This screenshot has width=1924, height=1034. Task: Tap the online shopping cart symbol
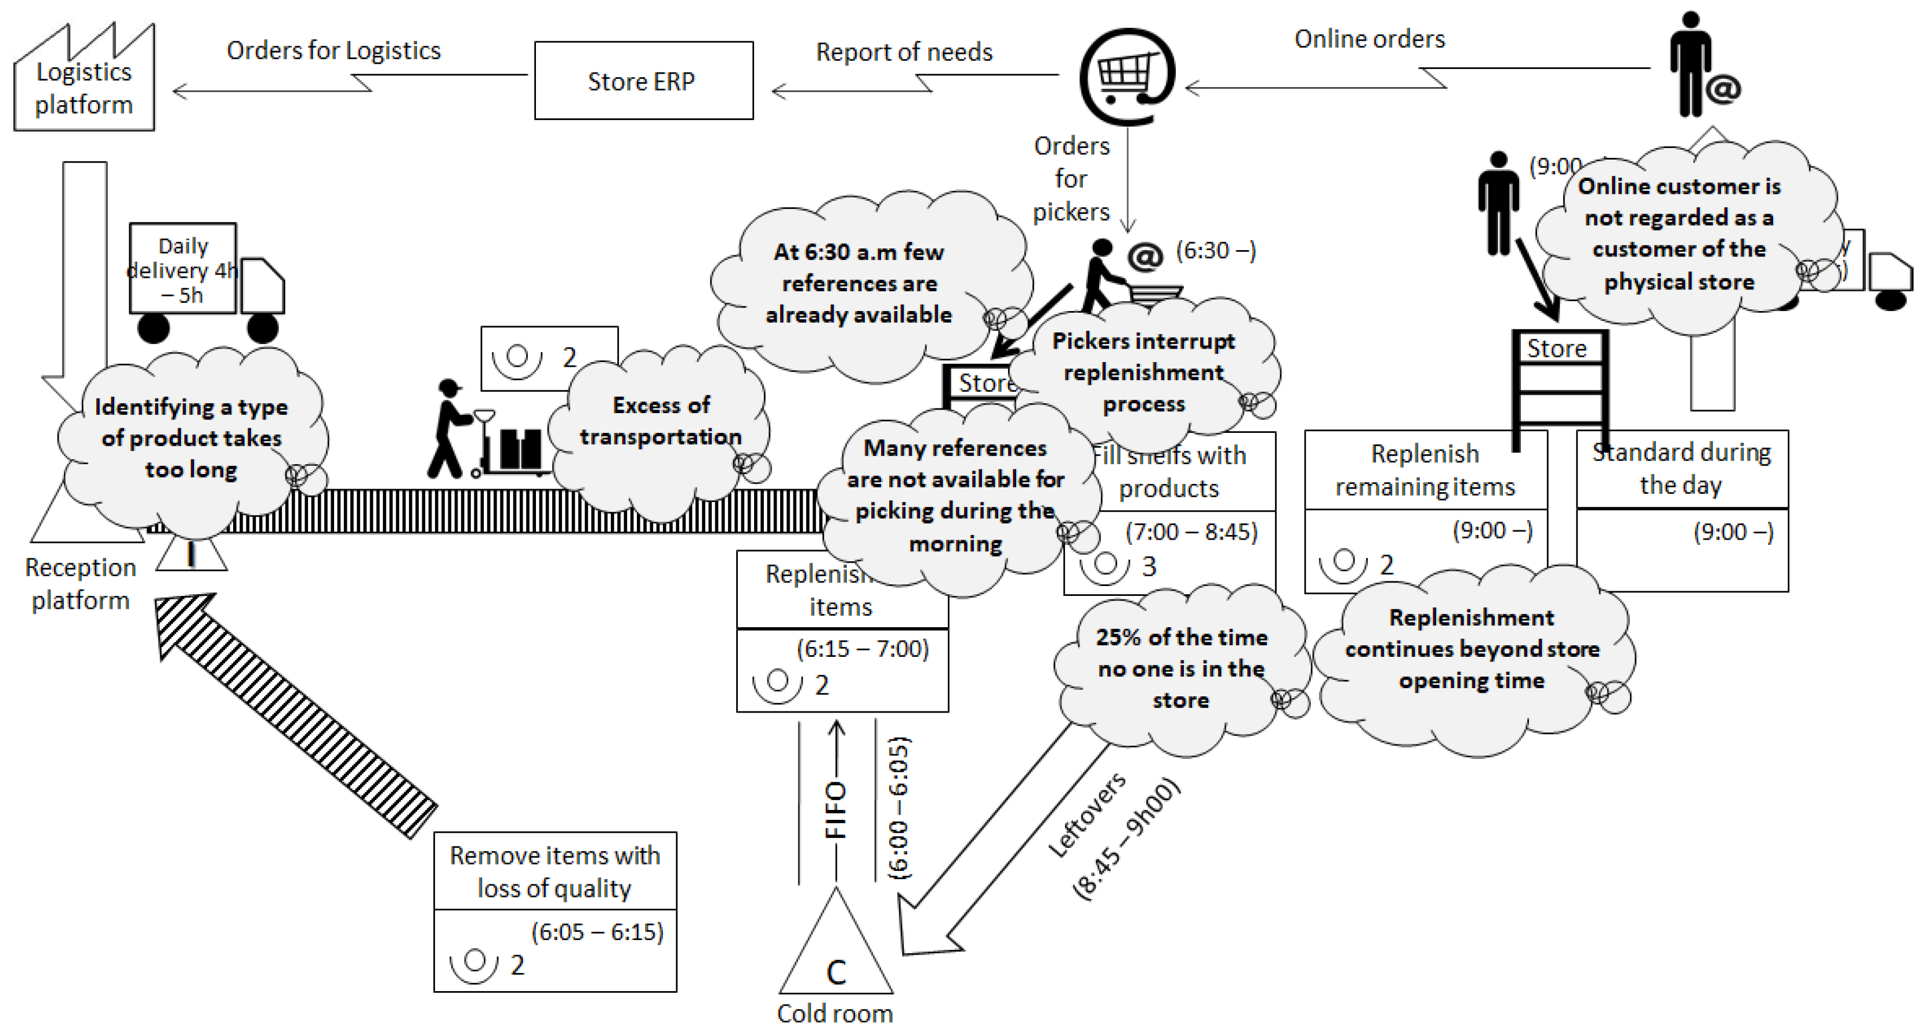coord(1127,75)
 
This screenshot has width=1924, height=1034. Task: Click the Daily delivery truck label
coord(183,270)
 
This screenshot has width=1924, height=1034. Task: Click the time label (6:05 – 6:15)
coord(597,932)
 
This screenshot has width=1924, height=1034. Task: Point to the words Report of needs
coord(904,52)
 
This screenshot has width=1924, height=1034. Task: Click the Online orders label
coord(1369,39)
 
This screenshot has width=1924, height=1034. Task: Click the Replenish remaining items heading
coord(1425,470)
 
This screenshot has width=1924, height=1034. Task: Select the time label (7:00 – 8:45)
coord(1191,532)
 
